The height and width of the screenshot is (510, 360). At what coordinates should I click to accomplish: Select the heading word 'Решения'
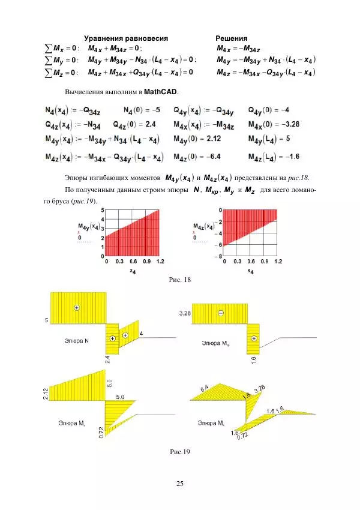pyautogui.click(x=232, y=38)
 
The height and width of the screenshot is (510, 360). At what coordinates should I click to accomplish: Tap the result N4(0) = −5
pyautogui.click(x=141, y=110)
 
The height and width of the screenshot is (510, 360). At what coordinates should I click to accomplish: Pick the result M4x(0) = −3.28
pyautogui.click(x=273, y=124)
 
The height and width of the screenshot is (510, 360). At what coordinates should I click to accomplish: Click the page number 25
pyautogui.click(x=179, y=484)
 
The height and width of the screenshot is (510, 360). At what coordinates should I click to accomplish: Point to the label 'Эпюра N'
pyautogui.click(x=77, y=341)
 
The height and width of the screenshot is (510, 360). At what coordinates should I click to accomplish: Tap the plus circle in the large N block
pyautogui.click(x=76, y=308)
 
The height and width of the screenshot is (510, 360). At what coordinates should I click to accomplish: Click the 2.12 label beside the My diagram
pyautogui.click(x=47, y=394)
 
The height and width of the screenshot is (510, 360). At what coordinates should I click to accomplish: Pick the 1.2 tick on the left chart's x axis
pyautogui.click(x=160, y=262)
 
